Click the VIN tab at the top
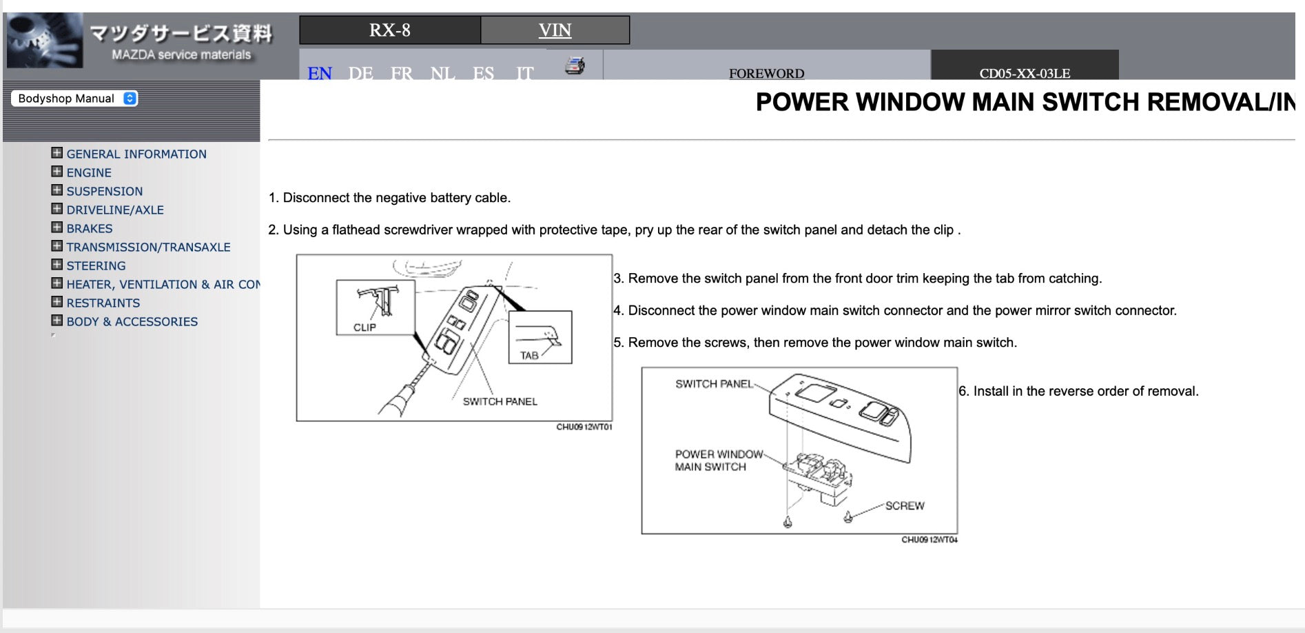(x=555, y=30)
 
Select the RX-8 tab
(x=389, y=30)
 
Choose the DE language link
(x=360, y=72)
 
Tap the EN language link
(x=320, y=72)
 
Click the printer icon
(x=575, y=66)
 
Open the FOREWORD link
(x=766, y=73)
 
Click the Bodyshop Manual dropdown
(x=74, y=99)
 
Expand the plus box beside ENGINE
(x=56, y=172)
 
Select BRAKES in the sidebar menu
(x=90, y=228)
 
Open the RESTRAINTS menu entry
(x=103, y=303)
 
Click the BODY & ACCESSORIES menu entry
(x=132, y=321)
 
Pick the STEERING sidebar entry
(x=96, y=265)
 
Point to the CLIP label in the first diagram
(x=364, y=328)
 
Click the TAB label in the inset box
(x=529, y=356)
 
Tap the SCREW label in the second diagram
(x=905, y=506)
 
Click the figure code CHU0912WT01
(x=584, y=427)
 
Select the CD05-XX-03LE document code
(x=1025, y=73)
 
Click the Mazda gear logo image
(x=44, y=40)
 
